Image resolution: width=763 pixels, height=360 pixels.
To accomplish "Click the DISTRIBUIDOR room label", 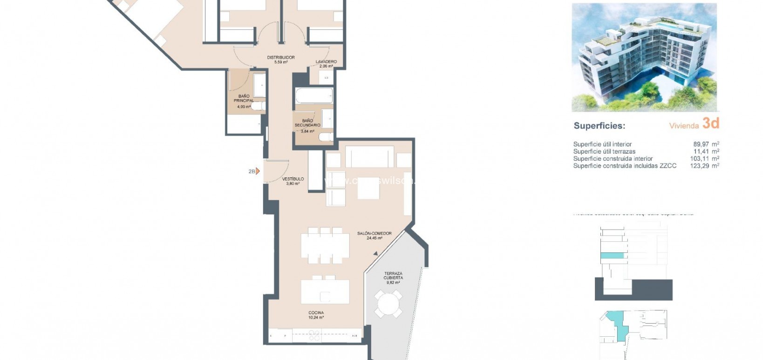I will coord(281,58).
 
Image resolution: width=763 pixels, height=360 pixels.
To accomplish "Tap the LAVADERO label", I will coord(326,62).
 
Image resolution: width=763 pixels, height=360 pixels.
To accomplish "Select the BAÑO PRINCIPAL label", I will coord(244,99).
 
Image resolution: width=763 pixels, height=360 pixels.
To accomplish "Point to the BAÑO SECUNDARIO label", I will coord(307,123).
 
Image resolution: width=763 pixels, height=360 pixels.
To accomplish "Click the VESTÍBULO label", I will coord(293,179).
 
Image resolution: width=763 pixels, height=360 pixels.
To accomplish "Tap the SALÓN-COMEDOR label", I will coord(374,234).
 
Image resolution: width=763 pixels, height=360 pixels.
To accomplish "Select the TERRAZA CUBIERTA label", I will coord(393,276).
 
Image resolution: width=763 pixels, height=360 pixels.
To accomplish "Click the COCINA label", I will coord(316,313).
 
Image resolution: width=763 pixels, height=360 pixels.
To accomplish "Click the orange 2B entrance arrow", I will coord(257,171).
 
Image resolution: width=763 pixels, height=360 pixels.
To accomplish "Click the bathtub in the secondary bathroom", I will coord(313,96).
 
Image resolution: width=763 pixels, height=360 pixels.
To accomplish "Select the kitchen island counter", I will coord(325,292).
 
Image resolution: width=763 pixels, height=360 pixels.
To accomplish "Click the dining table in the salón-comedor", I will coord(325,245).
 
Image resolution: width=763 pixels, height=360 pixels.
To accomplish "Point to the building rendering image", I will coord(644,57).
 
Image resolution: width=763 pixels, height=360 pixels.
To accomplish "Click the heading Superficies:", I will coord(599,126).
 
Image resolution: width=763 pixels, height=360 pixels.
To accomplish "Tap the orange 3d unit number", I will coord(711,123).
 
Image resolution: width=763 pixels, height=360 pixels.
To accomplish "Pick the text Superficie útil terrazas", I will coord(604,151).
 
